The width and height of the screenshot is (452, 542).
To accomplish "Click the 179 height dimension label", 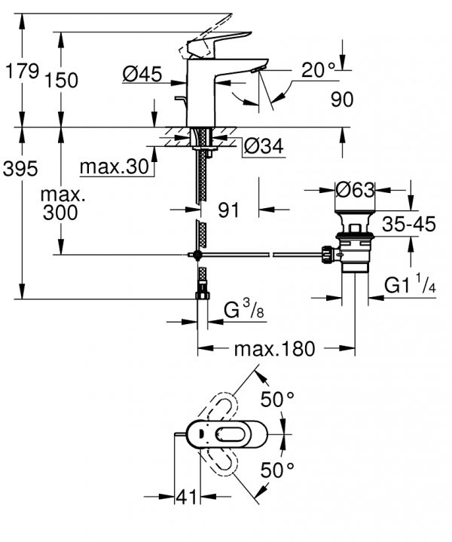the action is click(22, 72).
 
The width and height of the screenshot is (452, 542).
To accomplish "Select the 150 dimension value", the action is click(62, 81).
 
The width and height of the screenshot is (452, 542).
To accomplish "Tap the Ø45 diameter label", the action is click(142, 74).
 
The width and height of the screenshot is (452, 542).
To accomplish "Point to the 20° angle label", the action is click(318, 70).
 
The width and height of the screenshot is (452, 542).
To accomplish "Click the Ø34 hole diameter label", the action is click(264, 146).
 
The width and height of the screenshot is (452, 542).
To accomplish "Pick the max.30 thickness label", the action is click(114, 167).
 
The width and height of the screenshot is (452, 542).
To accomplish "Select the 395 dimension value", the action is click(20, 170).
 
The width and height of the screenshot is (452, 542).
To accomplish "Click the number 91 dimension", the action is click(228, 210).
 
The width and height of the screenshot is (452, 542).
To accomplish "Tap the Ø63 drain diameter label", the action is click(355, 190).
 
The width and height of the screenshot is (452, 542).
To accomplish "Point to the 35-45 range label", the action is click(409, 225).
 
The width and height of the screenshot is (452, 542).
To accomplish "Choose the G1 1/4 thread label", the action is click(410, 284).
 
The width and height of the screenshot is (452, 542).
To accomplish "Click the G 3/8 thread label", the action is click(244, 308).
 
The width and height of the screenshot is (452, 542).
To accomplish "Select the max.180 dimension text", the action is click(275, 349).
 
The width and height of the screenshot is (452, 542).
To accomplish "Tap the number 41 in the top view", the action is click(186, 498).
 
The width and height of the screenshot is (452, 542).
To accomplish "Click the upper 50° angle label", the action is click(277, 400).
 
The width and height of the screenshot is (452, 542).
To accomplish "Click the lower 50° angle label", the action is click(277, 470).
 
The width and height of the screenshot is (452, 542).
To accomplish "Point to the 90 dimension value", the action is click(342, 100).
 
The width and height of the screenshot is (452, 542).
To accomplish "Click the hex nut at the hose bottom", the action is click(203, 296).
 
